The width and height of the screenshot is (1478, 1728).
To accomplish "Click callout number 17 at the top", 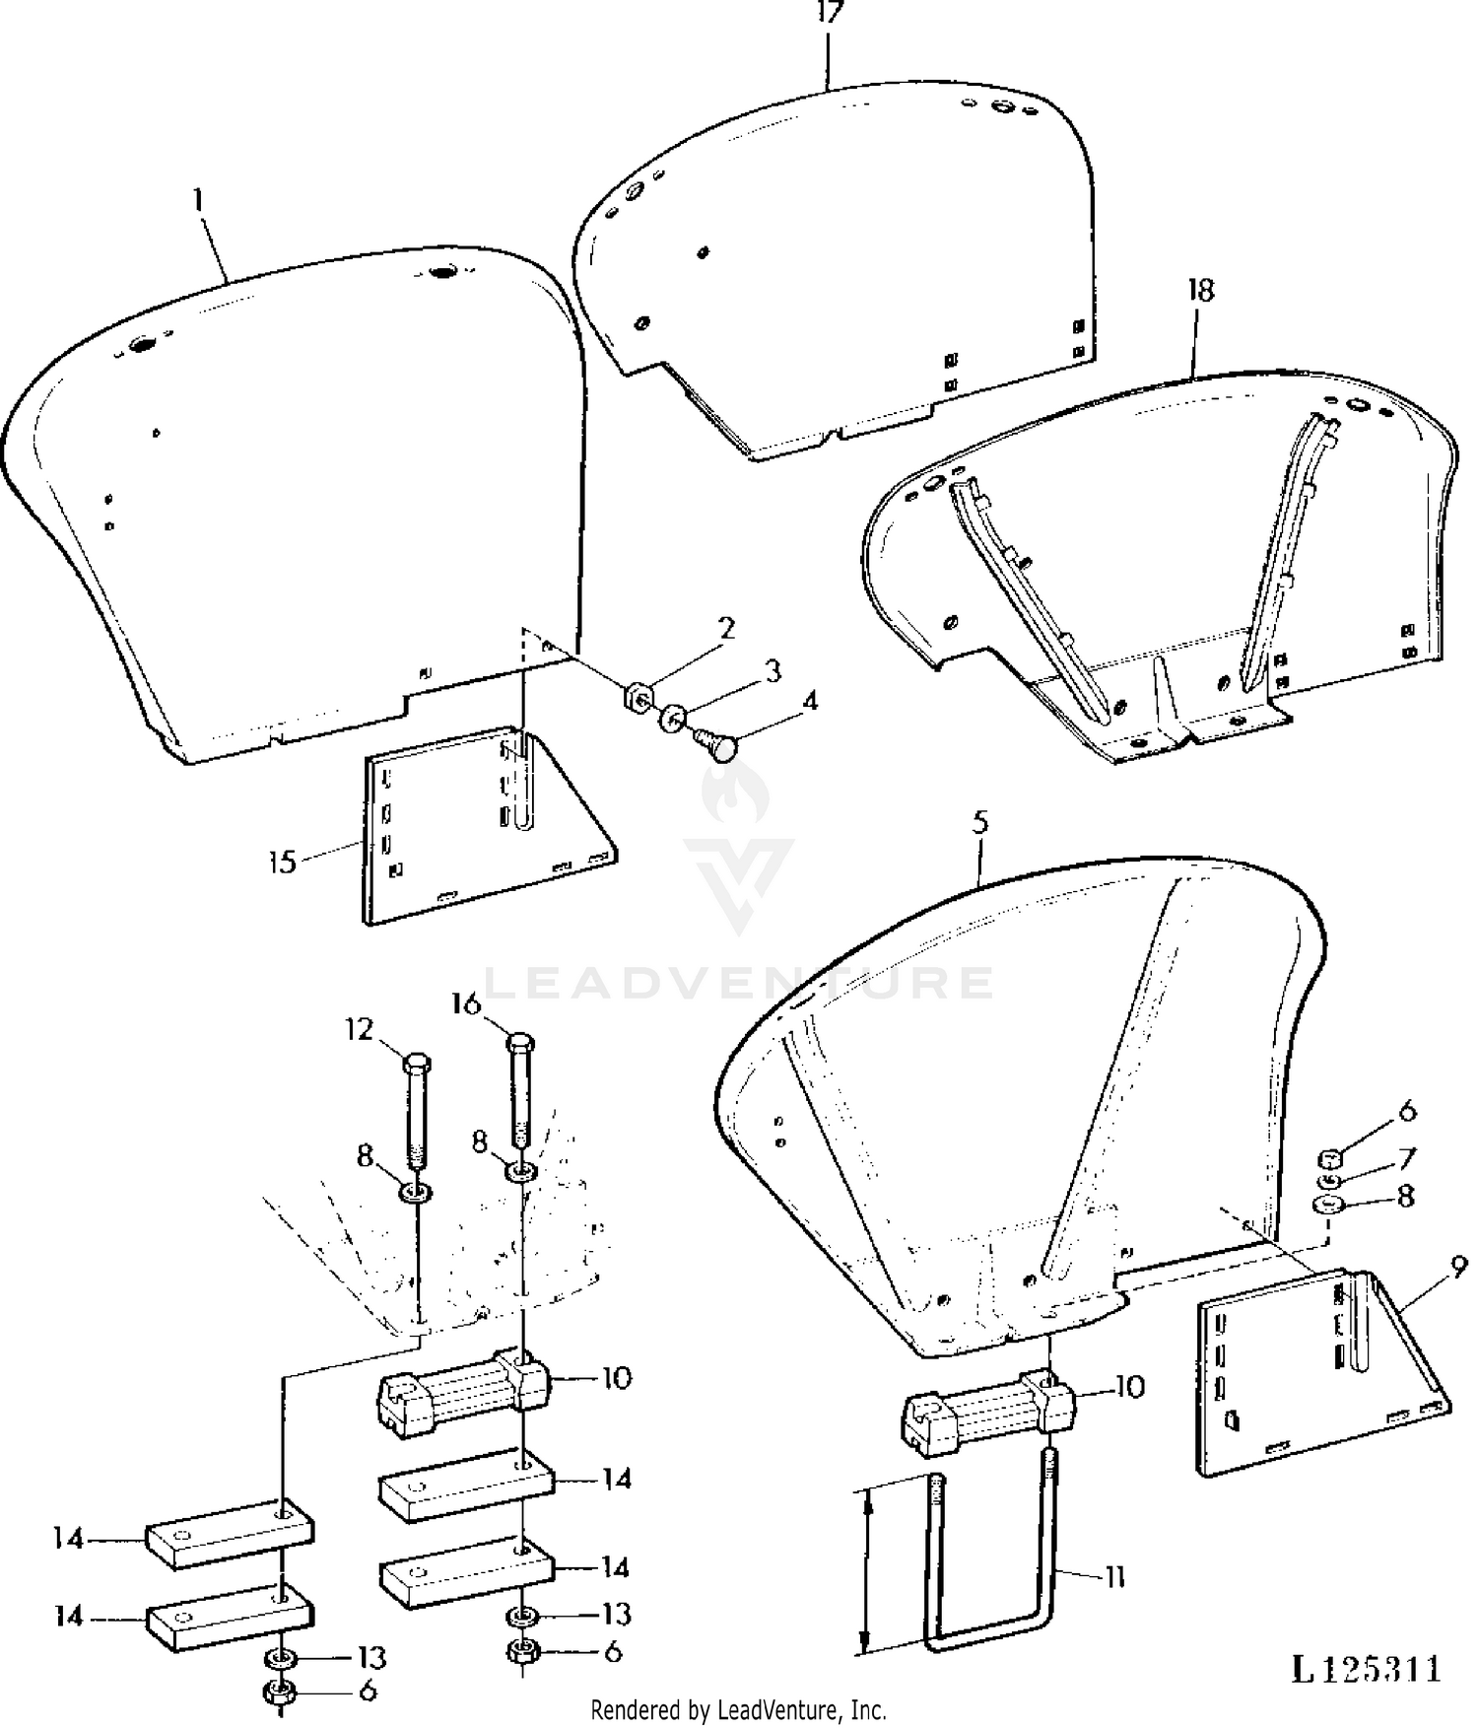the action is coord(829,14).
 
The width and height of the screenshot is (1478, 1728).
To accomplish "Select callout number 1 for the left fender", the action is coord(199,200).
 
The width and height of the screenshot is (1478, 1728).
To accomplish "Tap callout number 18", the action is coord(1200,290).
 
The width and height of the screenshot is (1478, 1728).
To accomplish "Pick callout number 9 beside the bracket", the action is coord(1458,1265).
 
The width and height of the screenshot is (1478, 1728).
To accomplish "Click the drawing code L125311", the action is coord(1367,1668).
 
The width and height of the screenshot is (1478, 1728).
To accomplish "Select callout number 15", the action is coord(282,862).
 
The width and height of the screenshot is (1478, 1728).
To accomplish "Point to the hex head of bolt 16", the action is coord(522,1041).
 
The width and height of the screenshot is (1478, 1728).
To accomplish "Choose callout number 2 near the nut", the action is coord(726,628).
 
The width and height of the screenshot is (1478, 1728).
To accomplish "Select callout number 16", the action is coord(466,1003).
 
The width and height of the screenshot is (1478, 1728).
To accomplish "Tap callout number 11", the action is coord(1113,1577).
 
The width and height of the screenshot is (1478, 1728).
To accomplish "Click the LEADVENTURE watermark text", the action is coord(740,982).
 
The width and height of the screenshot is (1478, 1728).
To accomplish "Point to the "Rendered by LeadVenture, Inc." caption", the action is coord(738,1710).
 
